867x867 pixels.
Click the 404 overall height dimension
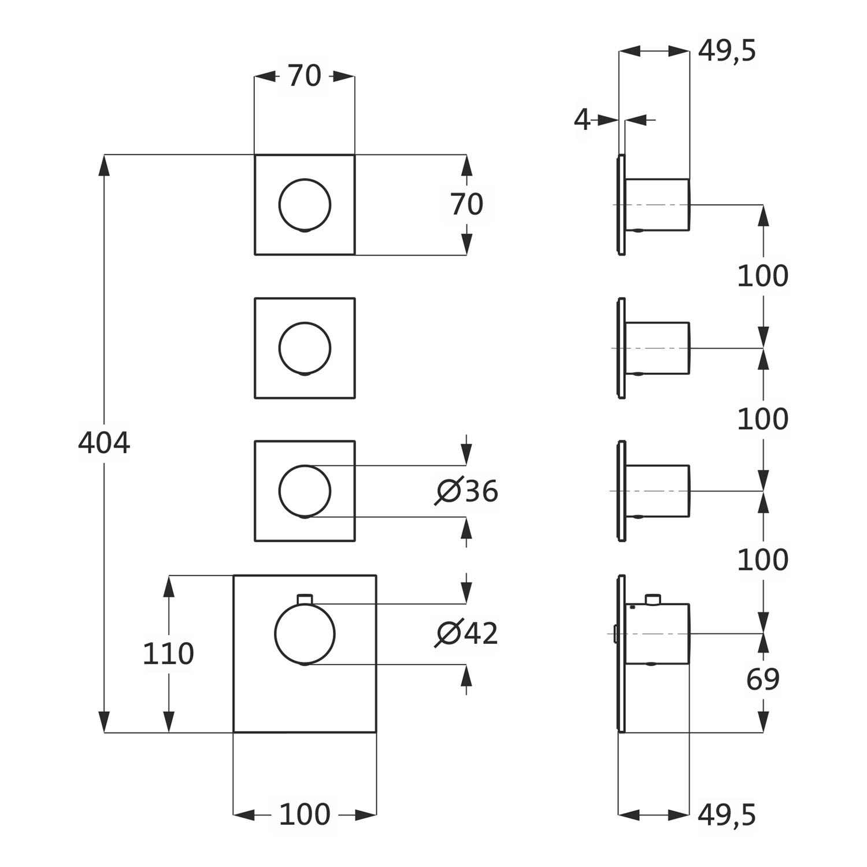click(x=104, y=443)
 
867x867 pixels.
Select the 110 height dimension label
click(x=168, y=654)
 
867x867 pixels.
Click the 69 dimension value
click(x=763, y=680)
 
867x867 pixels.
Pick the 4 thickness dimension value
click(x=582, y=120)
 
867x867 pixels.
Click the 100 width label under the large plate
click(x=305, y=814)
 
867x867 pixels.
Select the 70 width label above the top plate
click(x=305, y=76)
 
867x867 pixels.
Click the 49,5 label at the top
click(x=727, y=51)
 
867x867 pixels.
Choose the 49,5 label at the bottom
click(x=727, y=815)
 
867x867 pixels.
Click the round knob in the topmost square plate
click(x=305, y=205)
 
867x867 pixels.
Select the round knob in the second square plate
click(x=305, y=348)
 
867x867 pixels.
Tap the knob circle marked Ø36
click(x=305, y=491)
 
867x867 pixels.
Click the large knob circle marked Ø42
click(x=305, y=634)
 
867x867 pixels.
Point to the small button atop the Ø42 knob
click(x=305, y=599)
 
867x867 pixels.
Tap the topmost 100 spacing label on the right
click(x=763, y=276)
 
